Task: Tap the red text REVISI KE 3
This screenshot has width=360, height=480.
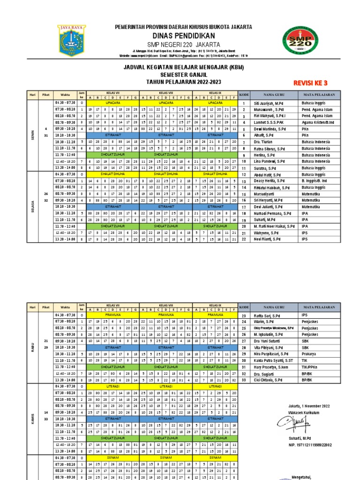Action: pos(310,83)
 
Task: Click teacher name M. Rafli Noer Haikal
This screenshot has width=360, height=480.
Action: pos(274,226)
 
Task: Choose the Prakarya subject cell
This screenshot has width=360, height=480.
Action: pos(310,354)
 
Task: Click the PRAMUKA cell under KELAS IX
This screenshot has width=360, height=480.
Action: pos(215,315)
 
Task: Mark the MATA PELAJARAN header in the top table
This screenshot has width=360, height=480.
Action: pos(318,94)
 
